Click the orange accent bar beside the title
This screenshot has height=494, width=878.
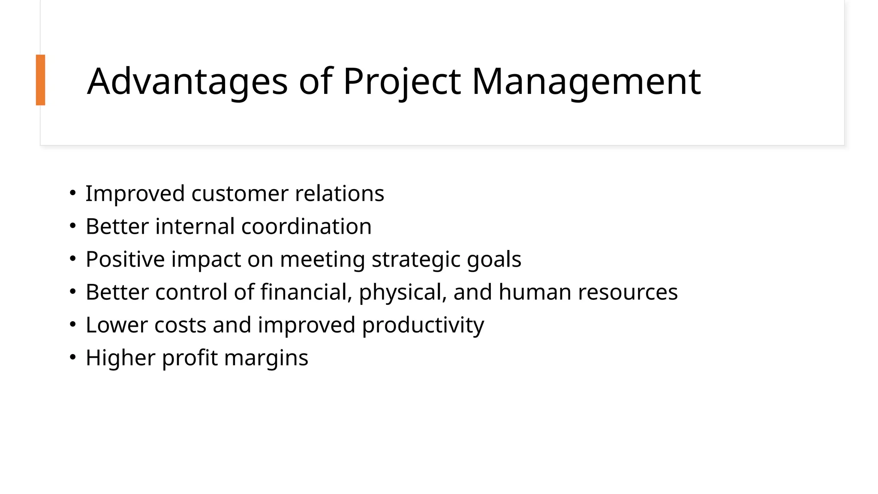click(x=40, y=80)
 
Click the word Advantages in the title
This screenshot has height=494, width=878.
click(x=187, y=81)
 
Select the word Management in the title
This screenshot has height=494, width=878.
click(x=586, y=81)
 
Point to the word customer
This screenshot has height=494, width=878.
click(x=240, y=194)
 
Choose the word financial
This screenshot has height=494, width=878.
click(x=306, y=292)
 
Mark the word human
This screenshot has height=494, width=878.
click(x=535, y=292)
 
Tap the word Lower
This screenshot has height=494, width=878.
click(x=117, y=325)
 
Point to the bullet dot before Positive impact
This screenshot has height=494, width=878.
click(x=72, y=258)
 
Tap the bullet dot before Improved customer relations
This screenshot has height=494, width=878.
click(x=72, y=193)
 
